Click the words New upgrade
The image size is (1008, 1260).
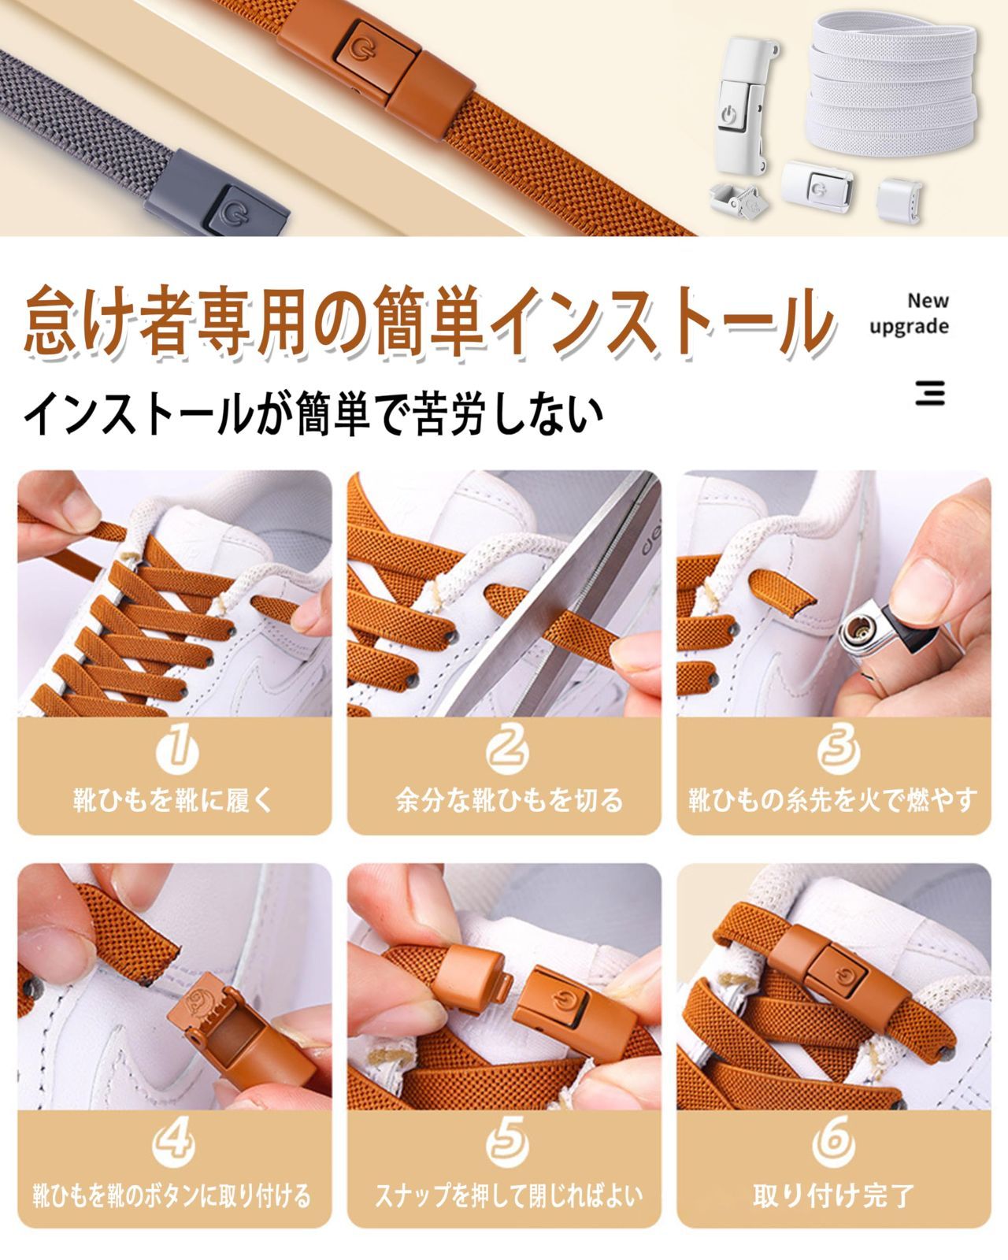click(x=910, y=314)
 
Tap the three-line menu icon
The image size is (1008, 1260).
click(x=930, y=392)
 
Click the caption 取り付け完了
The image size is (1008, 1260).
click(x=833, y=1195)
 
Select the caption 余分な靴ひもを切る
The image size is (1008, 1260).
click(x=509, y=800)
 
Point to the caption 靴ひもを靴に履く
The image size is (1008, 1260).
click(x=173, y=800)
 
